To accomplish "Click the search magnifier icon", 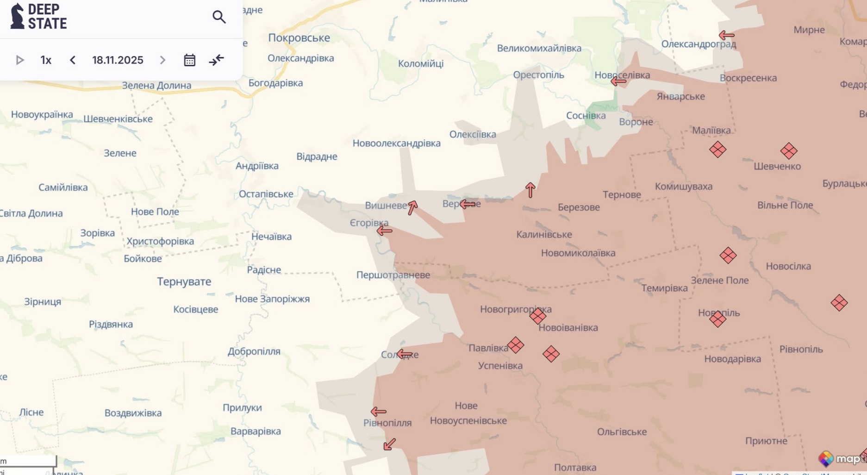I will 219,17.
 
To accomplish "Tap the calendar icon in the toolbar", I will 189,60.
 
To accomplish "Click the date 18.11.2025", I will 118,60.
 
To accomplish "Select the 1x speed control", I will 46,60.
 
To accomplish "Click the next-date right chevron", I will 162,60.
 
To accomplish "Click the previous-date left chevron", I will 73,60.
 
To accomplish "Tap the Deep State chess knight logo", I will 17,16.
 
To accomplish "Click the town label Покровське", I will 299,38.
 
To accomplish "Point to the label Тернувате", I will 184,281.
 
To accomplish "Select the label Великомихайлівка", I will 539,48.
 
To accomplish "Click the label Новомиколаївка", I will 578,253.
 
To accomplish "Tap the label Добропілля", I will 254,351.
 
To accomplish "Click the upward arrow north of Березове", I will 530,190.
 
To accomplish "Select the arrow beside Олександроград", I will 726,35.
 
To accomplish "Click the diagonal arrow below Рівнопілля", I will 389,444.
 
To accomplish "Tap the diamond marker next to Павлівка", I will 515,345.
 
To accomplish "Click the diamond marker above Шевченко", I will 788,151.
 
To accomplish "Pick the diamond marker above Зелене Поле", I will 728,256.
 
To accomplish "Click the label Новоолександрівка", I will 396,144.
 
